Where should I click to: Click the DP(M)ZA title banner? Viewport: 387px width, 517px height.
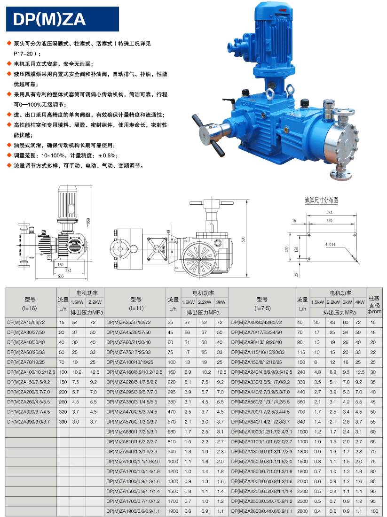tap(63, 19)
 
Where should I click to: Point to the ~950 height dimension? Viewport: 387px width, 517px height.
tap(88, 223)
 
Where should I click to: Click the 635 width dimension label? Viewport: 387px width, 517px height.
tap(61, 276)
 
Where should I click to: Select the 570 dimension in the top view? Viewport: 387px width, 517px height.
tap(244, 239)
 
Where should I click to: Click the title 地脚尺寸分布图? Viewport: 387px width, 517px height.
tap(321, 200)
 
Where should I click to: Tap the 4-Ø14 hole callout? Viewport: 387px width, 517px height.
tap(330, 244)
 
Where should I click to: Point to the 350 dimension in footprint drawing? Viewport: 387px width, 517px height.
tap(329, 220)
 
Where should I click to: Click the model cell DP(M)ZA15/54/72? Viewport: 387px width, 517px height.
tap(26, 323)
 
